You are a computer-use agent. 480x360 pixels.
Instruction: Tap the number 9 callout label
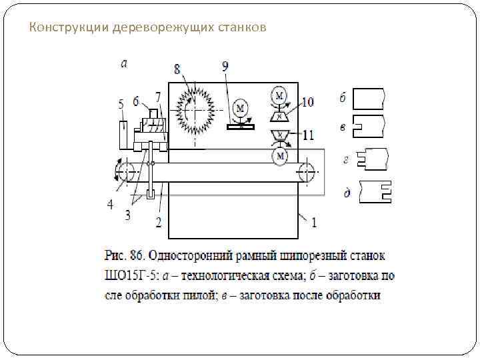(226, 67)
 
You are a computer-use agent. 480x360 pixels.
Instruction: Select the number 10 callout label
(307, 102)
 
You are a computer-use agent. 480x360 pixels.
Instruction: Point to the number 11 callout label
(307, 135)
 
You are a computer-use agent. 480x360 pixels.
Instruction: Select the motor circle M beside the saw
(241, 108)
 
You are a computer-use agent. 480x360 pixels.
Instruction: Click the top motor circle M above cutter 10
(280, 94)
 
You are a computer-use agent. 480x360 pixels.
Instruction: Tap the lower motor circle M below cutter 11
(280, 156)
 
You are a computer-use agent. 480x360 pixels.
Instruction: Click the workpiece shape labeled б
(369, 99)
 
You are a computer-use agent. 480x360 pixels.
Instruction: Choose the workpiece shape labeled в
(369, 125)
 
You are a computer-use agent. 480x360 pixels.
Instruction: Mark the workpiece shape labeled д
(375, 191)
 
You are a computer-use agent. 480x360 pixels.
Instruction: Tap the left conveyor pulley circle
(125, 173)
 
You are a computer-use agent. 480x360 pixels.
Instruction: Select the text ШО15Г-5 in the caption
(129, 276)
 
